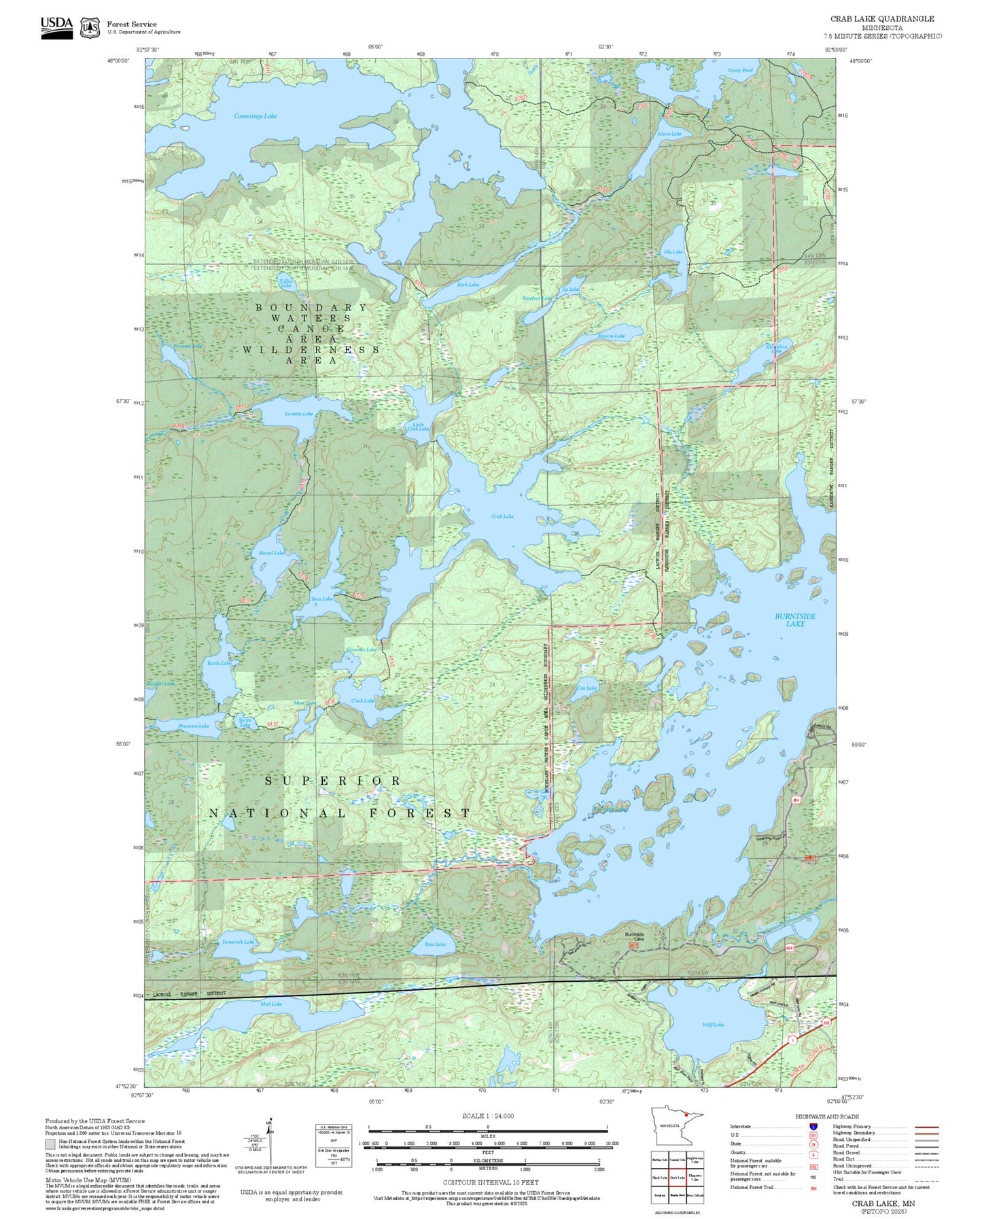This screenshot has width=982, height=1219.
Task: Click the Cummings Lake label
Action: pos(255,116)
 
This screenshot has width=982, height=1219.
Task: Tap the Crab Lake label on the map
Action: pos(502,516)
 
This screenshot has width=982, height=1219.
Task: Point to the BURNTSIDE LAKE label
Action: pos(795,620)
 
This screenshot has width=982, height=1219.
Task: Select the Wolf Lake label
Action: pos(713,1025)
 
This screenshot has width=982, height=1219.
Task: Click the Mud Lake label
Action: pos(270,1004)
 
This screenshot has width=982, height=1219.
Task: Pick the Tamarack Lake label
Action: pos(238,942)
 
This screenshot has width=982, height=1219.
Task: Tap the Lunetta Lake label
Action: pos(298,414)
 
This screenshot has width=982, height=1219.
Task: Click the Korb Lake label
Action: pos(468,285)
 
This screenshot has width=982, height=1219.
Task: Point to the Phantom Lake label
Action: pos(194,726)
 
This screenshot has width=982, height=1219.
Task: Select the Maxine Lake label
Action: pos(610,336)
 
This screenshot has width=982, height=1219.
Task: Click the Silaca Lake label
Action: pos(669,134)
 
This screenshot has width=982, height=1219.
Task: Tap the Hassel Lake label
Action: pos(271,553)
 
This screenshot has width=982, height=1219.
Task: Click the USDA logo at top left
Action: pos(56,27)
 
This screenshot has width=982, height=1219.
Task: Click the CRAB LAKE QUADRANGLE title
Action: pos(881,19)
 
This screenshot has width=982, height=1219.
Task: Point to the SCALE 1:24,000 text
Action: pos(487,1116)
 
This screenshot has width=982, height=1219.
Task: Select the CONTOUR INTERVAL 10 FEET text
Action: pos(490,1182)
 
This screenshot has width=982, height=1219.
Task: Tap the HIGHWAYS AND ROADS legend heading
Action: pos(826,1116)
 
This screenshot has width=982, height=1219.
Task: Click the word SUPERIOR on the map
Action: pos(332,781)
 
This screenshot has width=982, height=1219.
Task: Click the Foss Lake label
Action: pos(435,944)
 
